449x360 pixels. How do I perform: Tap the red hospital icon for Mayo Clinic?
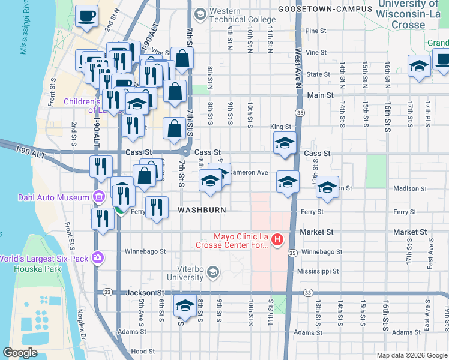[277, 240]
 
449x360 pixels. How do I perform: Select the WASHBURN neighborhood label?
[202, 210]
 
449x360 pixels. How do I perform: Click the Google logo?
[20, 352]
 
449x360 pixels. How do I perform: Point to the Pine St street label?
[315, 31]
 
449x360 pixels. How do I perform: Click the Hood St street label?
[143, 351]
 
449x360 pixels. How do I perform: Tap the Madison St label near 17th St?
[409, 188]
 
